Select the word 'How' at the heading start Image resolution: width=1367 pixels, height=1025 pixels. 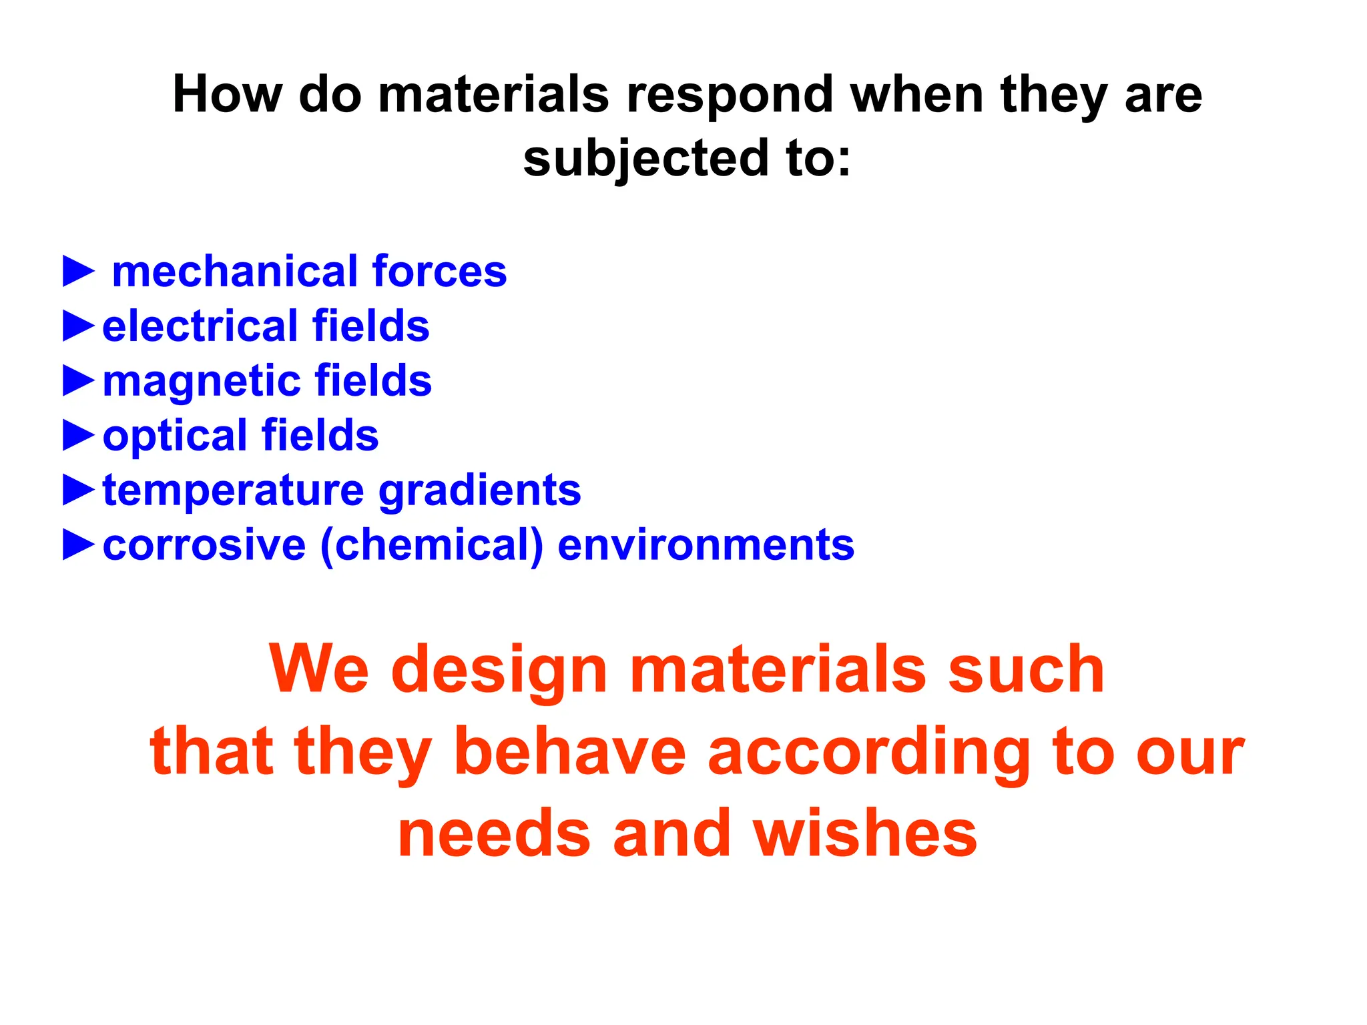[227, 95]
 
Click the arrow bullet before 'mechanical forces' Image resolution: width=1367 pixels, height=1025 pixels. [79, 272]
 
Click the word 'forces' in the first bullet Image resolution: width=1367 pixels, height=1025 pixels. [439, 272]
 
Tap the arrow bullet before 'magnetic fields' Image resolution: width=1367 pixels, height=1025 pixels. [79, 381]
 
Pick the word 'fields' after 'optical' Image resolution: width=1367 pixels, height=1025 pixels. [320, 436]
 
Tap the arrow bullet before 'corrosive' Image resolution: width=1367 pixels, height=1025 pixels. [79, 545]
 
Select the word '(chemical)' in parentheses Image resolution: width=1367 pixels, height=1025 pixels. [432, 546]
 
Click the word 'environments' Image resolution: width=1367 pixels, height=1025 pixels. [706, 545]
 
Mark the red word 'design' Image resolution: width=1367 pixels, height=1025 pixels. [499, 670]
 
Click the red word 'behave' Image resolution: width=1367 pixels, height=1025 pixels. [570, 752]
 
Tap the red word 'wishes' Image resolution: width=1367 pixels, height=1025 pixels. [866, 833]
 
